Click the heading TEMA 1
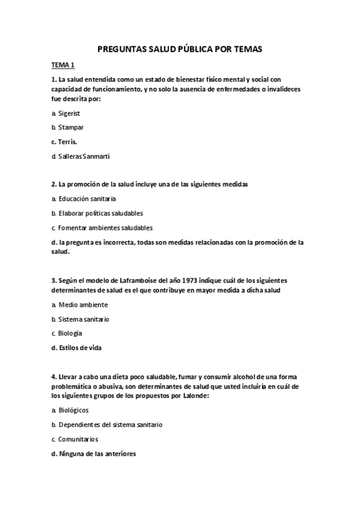tap(63, 64)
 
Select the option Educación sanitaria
tap(87, 198)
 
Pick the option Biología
tap(70, 333)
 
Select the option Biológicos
tap(73, 410)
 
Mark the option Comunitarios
tap(78, 439)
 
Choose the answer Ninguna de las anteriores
tap(97, 453)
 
